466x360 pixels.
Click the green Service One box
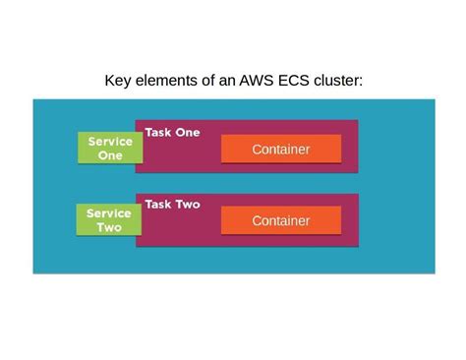109,148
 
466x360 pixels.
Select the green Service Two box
109,220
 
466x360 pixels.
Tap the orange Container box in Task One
280,150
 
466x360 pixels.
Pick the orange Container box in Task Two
280,221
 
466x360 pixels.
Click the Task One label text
172,132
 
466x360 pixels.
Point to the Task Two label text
172,205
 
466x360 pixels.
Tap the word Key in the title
119,80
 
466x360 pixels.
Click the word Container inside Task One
280,150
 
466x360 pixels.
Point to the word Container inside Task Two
280,221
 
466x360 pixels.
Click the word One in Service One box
109,155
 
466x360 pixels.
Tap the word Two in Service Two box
109,228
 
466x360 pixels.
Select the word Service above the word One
109,142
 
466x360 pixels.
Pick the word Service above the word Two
109,213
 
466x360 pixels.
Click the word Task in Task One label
158,132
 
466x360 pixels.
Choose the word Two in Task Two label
187,205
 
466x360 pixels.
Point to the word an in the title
227,80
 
